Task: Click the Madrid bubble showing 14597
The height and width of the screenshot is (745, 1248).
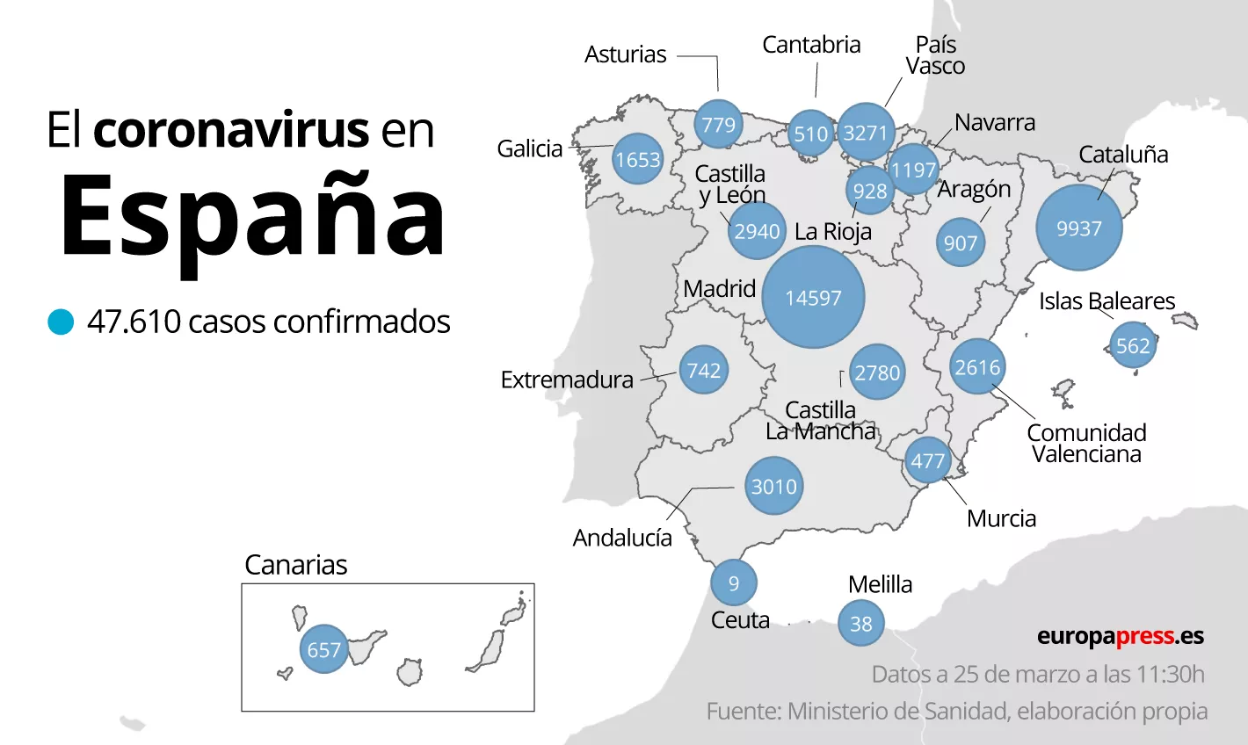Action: coord(813,298)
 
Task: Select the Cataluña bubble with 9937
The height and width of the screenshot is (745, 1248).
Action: coord(1078,228)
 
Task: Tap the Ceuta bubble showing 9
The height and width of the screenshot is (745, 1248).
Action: coord(733,582)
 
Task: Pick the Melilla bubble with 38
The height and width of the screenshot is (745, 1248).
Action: coord(860,623)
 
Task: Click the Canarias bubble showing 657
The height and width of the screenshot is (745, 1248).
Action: coord(323,649)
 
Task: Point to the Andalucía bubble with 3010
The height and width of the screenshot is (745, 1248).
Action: coord(773,486)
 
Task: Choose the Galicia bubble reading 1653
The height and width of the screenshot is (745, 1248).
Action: coord(637,159)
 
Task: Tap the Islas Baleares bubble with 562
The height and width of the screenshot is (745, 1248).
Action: coord(1132,345)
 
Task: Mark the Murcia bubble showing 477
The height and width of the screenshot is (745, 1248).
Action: coord(927,460)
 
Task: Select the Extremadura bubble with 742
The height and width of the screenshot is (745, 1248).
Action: coord(703,370)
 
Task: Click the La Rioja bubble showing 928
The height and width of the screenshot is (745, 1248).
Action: coord(869,191)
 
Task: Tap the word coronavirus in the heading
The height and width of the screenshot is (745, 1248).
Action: coord(230,130)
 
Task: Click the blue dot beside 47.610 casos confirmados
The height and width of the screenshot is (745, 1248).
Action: coord(61,322)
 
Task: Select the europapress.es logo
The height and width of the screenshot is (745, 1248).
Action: coord(1120,636)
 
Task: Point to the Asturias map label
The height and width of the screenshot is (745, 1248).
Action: coord(625,54)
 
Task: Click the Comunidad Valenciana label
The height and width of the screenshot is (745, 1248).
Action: coord(1086,443)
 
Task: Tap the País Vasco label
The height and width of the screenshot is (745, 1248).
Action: coord(935,55)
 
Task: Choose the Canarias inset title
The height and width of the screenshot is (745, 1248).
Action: coord(295,565)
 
